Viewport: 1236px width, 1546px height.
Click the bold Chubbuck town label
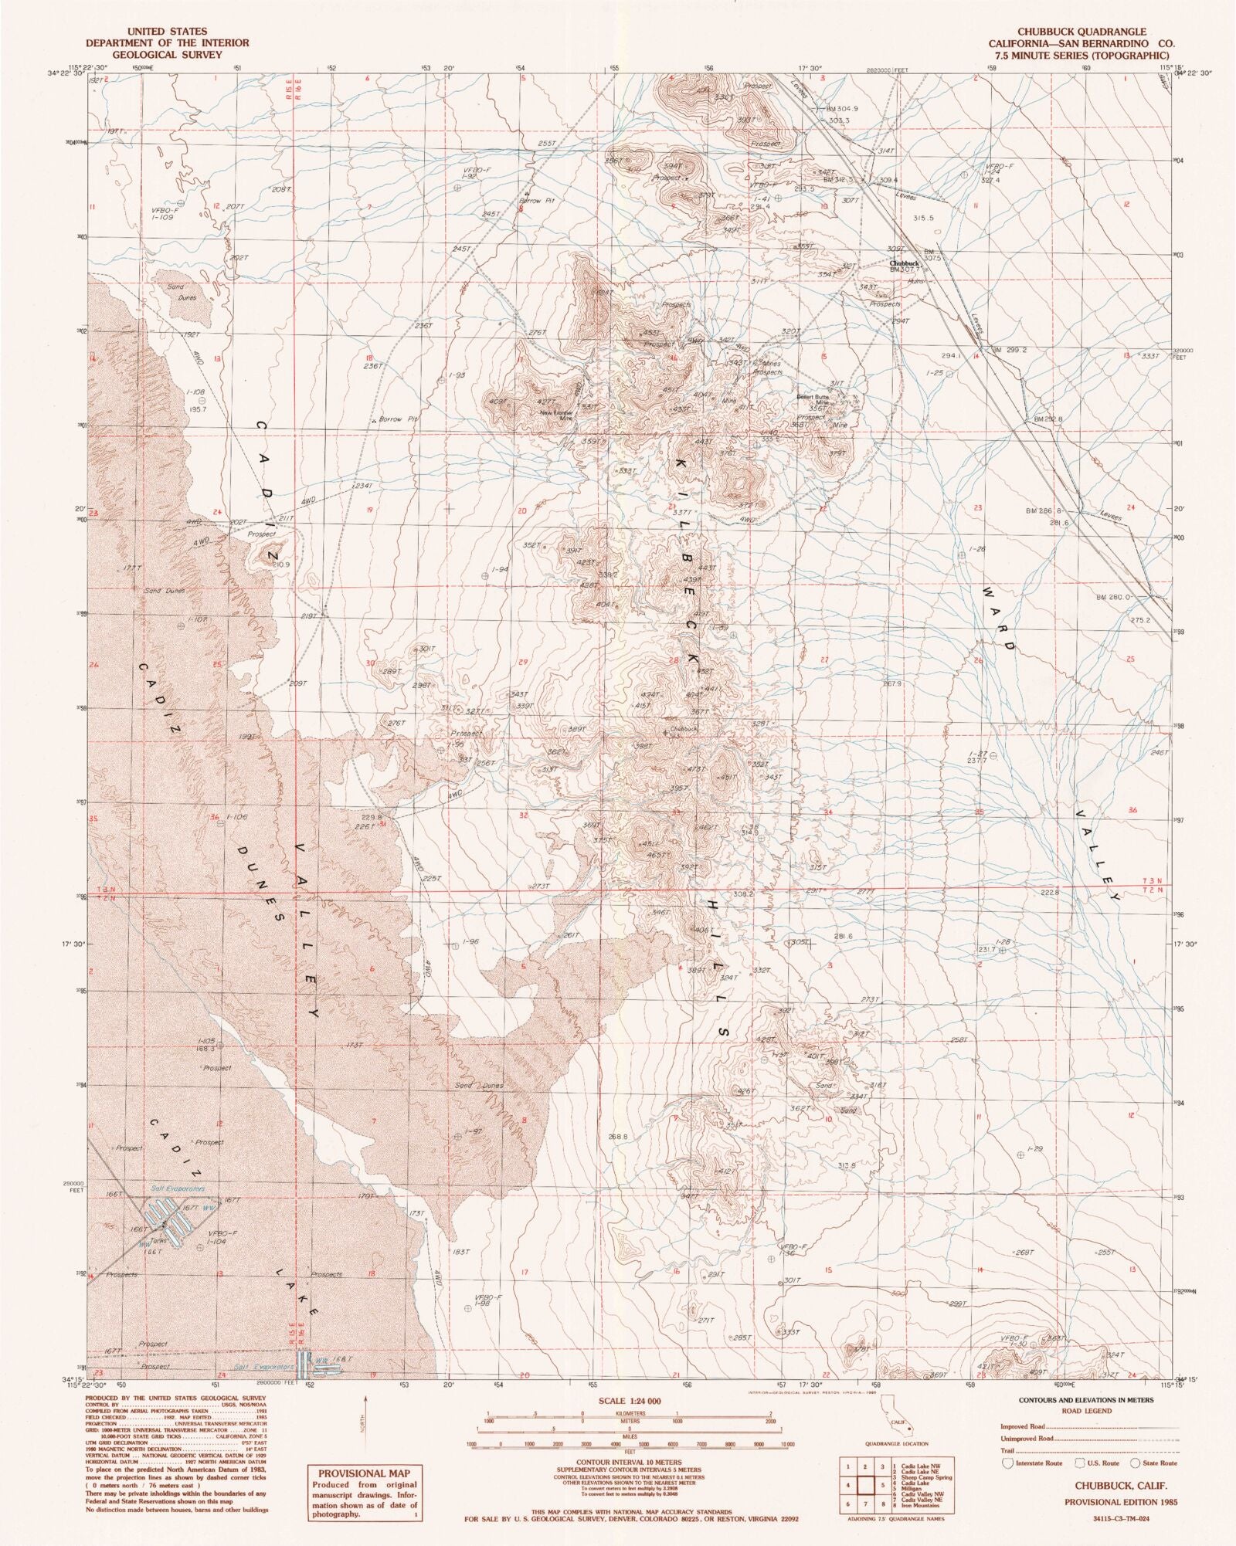[x=904, y=263]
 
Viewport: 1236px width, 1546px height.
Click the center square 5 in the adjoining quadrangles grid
[x=881, y=1484]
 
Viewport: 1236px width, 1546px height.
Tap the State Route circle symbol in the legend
[x=1138, y=1463]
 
